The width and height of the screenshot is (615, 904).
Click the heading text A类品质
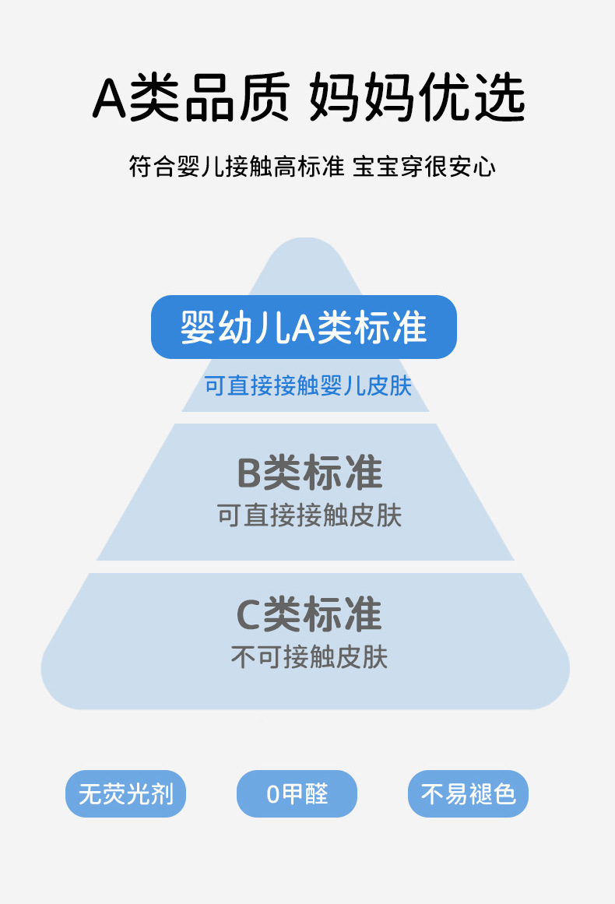[190, 99]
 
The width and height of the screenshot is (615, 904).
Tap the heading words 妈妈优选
[417, 99]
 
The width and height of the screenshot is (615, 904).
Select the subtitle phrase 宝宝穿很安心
[424, 167]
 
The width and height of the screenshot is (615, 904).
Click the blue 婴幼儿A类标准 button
[304, 327]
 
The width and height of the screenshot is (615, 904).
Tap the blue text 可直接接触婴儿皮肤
[307, 385]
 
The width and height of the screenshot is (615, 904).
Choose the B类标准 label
[309, 473]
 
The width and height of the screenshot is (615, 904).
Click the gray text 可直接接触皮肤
[309, 515]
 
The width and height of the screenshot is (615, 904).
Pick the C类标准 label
[309, 614]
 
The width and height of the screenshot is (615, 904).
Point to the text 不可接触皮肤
[309, 657]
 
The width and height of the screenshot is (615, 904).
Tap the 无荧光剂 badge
[125, 794]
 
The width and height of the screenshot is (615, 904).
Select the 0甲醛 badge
[297, 794]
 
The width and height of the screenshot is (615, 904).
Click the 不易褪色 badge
[468, 794]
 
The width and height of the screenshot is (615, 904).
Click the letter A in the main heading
[110, 100]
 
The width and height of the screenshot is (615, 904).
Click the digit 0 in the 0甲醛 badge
[272, 795]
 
